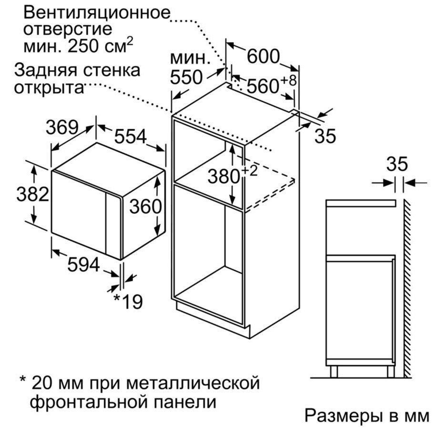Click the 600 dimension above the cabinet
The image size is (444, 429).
[x=263, y=56]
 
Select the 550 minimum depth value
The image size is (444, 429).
[x=186, y=77]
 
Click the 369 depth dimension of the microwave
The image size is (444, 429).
[x=62, y=128]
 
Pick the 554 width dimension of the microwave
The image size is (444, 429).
[x=131, y=136]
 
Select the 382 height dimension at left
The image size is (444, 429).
[x=32, y=194]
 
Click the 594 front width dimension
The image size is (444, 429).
[x=84, y=265]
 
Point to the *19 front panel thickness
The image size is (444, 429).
[x=128, y=301]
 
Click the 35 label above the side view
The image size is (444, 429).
[x=397, y=164]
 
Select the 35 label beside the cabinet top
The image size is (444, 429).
[x=325, y=136]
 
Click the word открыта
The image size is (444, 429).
[x=49, y=88]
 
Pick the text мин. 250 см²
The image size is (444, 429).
[x=78, y=45]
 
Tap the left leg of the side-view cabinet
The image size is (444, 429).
[x=334, y=371]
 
